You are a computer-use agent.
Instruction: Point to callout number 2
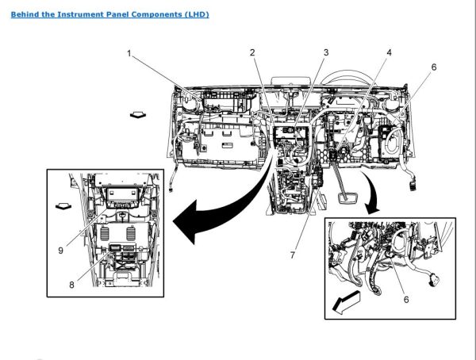coord(252,53)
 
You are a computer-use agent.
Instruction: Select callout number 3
coord(325,53)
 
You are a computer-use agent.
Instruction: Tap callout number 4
coord(389,53)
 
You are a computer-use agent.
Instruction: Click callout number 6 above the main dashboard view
coord(433,68)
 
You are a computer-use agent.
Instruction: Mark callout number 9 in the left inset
coord(60,251)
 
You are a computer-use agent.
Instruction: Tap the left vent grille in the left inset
coord(106,236)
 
